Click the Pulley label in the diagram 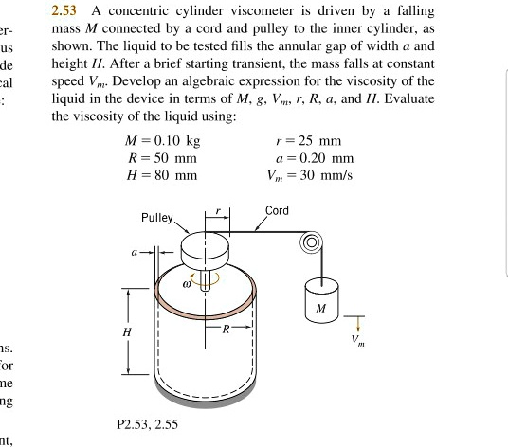click(x=156, y=217)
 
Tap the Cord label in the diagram click(x=277, y=210)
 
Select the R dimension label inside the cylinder click(x=225, y=331)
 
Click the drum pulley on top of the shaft click(x=205, y=251)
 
